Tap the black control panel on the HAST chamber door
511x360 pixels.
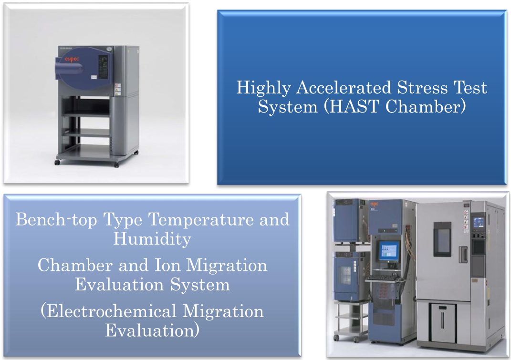[x=104, y=67]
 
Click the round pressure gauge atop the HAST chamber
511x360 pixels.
[x=109, y=49]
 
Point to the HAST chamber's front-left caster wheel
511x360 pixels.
[x=57, y=162]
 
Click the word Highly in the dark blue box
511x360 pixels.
[x=264, y=88]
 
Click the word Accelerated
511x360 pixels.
[x=344, y=88]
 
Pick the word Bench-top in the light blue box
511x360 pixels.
[x=56, y=220]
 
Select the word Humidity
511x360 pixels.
[x=152, y=239]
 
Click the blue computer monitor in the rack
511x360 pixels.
[x=389, y=251]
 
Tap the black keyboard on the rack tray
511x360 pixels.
[x=383, y=278]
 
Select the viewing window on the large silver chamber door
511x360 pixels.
[x=442, y=239]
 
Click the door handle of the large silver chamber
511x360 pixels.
[x=463, y=255]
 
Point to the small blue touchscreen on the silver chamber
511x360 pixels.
[x=478, y=223]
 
